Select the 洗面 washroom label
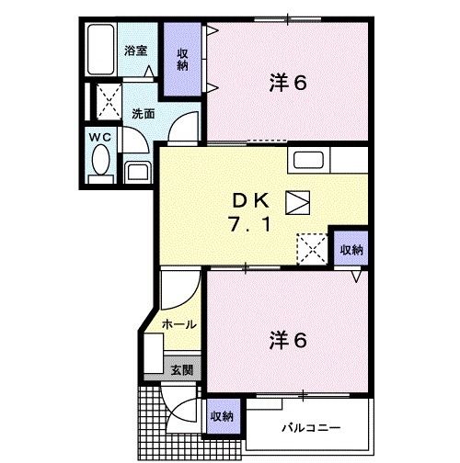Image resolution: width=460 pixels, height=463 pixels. [x=142, y=115]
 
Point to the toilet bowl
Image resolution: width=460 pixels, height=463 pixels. [x=99, y=164]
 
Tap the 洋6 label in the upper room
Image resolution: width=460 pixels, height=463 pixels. [x=287, y=81]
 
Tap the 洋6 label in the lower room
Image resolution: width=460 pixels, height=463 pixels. [x=287, y=339]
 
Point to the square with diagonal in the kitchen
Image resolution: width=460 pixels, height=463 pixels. [x=299, y=201]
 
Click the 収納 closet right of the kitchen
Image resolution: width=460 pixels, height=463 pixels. [x=351, y=249]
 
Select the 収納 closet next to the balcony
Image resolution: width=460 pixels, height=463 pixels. [x=221, y=416]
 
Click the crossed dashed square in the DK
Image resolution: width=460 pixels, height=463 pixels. [x=311, y=247]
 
